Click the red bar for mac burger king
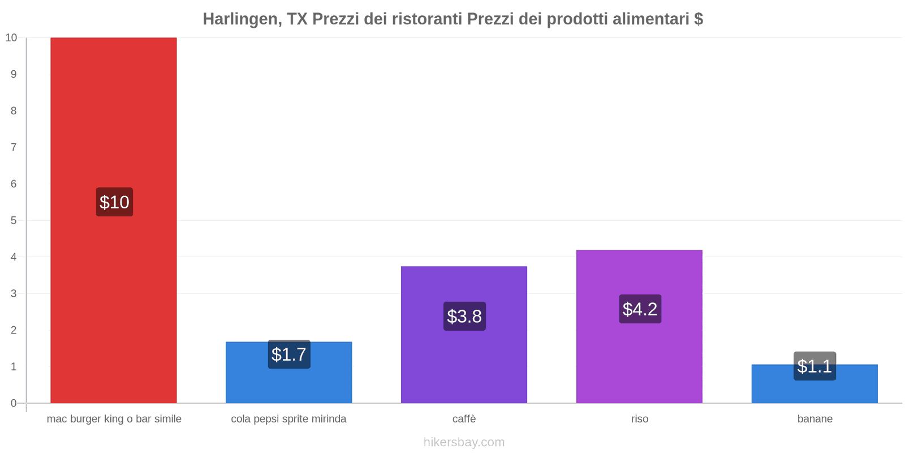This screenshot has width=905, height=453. pos(113,113)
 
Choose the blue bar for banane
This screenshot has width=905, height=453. pos(815,391)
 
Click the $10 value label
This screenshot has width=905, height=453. pos(114,202)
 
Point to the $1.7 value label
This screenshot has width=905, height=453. pos(289,354)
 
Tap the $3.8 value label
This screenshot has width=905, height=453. pos(464,317)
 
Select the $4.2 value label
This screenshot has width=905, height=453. pos(640,309)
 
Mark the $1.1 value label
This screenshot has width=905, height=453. pos(815,366)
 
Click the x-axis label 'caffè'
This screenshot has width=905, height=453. pos(464,419)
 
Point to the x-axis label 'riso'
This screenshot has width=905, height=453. pos(640,419)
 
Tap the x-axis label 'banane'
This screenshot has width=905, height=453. pos(815,419)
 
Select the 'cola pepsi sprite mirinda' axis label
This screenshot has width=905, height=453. pos(288,419)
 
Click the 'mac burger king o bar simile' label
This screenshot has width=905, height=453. pos(114,419)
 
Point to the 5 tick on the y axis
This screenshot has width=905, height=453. pos(14,220)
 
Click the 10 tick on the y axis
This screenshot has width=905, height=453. pos(11,38)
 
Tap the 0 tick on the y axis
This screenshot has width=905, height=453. pos(14,403)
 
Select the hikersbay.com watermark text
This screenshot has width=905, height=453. pos(464,442)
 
